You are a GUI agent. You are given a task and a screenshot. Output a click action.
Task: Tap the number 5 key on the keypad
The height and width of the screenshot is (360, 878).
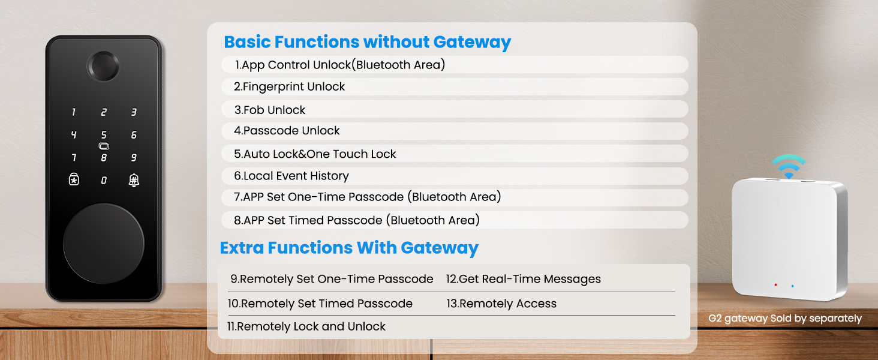(x=104, y=136)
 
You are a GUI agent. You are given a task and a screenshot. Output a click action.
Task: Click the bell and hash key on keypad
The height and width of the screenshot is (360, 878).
(x=134, y=179)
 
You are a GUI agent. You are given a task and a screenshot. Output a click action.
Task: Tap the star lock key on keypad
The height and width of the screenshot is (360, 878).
(x=74, y=179)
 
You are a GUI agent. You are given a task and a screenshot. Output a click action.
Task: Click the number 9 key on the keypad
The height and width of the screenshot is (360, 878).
(x=134, y=158)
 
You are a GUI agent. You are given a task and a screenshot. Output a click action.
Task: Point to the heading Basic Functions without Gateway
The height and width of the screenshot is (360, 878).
(x=367, y=42)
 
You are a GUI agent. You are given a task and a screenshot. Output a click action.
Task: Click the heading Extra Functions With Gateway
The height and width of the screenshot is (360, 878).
(x=349, y=248)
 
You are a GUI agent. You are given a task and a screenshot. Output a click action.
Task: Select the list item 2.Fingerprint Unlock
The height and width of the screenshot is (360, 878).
(x=290, y=87)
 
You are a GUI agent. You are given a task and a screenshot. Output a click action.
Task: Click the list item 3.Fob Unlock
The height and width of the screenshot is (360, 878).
(x=270, y=110)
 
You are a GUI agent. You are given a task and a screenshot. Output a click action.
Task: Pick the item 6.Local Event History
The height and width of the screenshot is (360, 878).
(x=291, y=176)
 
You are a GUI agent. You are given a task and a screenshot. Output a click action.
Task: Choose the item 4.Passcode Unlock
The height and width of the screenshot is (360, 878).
(x=287, y=131)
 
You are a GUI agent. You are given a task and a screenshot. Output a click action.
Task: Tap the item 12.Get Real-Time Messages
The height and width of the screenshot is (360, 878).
(x=523, y=279)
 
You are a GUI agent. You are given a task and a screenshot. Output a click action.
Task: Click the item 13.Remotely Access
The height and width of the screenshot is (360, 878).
(x=501, y=304)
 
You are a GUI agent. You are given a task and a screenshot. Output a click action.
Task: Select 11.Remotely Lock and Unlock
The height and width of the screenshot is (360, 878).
(x=306, y=326)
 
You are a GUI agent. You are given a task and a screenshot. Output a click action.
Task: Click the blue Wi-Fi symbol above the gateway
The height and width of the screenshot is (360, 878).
(x=789, y=166)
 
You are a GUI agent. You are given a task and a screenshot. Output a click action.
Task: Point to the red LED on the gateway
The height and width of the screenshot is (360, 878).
(x=775, y=285)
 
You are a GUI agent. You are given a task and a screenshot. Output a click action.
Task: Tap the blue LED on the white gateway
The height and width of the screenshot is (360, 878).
(x=792, y=286)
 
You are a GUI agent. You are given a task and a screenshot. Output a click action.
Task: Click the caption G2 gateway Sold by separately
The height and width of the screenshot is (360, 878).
(x=784, y=319)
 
